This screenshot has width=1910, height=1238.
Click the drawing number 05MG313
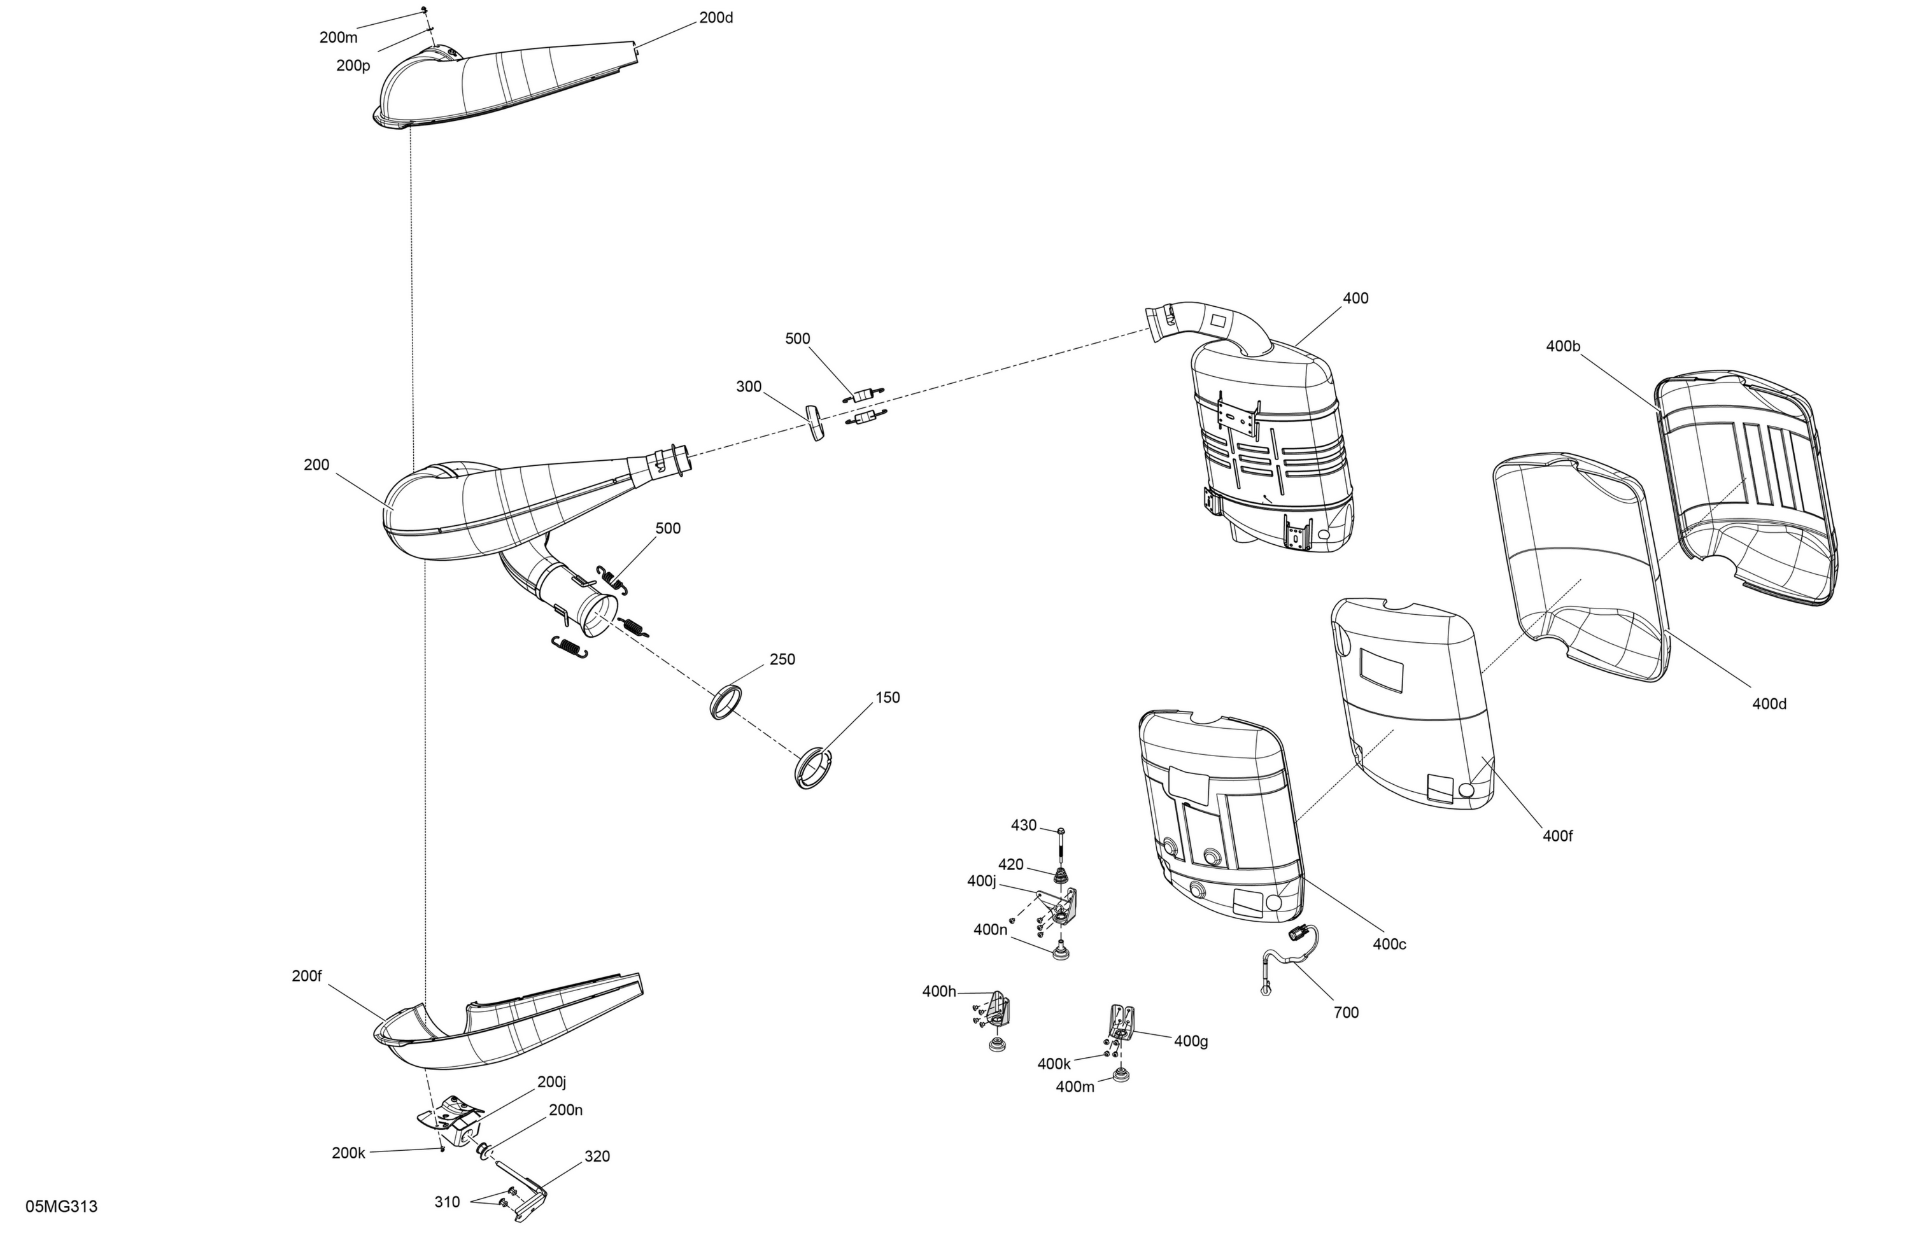click(x=62, y=1207)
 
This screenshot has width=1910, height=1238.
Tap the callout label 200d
click(x=716, y=18)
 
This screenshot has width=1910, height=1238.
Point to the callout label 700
click(x=1347, y=1013)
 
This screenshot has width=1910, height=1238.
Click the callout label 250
click(x=782, y=659)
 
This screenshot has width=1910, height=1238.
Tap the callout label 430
click(x=1024, y=826)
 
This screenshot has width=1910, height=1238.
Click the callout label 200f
click(x=307, y=976)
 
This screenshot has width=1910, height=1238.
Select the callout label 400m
click(x=1075, y=1087)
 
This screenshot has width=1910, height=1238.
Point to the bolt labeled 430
click(x=1060, y=846)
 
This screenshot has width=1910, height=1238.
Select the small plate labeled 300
click(x=816, y=423)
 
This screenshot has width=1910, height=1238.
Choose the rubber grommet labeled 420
click(x=1061, y=877)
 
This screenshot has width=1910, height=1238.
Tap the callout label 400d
click(x=1769, y=703)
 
